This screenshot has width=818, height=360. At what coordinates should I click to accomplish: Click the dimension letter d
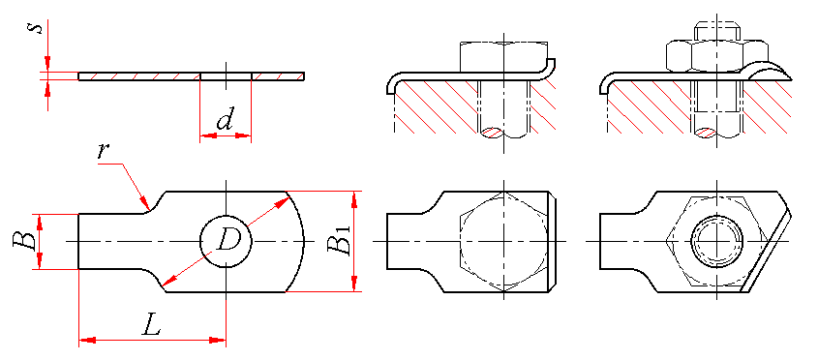[x=225, y=122]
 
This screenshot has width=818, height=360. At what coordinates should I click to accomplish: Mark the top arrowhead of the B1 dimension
[x=354, y=198]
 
